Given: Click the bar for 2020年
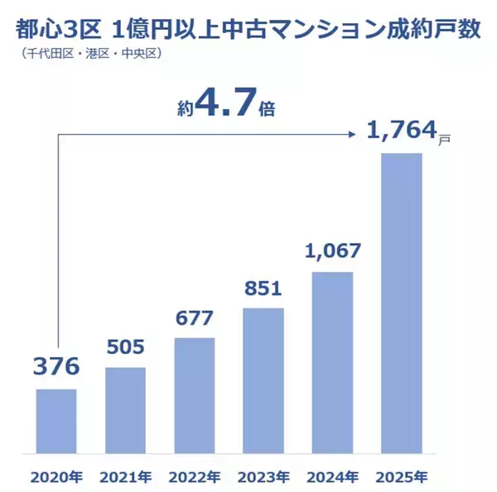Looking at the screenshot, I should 56,422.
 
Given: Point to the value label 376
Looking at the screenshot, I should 56,366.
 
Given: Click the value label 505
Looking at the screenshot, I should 126,345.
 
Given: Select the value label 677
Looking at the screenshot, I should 195,318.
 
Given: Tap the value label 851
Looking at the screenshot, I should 263,289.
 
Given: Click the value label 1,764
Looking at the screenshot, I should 401,132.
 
